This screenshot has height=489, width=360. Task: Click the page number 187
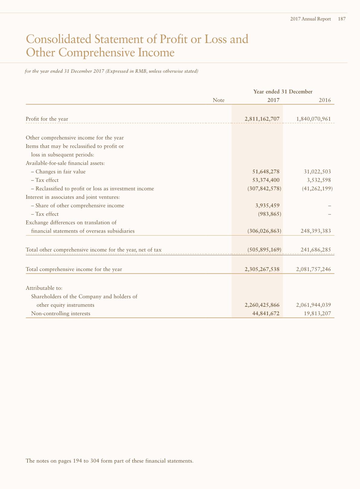[x=342, y=19]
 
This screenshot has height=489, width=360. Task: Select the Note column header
[x=218, y=100]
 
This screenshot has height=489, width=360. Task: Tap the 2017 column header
[x=273, y=100]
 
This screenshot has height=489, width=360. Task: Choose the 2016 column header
[x=325, y=100]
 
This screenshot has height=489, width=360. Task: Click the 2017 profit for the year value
[x=262, y=119]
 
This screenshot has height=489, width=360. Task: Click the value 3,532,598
[x=317, y=180]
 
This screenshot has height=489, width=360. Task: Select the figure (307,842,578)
[x=264, y=189]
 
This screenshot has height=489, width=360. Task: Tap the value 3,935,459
[x=267, y=206]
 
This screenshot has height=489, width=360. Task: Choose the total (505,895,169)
[x=264, y=250]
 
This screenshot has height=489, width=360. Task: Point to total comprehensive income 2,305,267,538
[x=262, y=269]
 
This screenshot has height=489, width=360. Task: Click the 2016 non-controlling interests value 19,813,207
[x=318, y=313]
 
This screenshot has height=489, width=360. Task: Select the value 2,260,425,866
[x=262, y=305]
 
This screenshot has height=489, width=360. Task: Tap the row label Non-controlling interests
[x=61, y=313]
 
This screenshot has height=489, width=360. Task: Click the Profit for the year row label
[x=47, y=119]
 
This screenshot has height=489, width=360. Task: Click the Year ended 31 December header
[x=283, y=91]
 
